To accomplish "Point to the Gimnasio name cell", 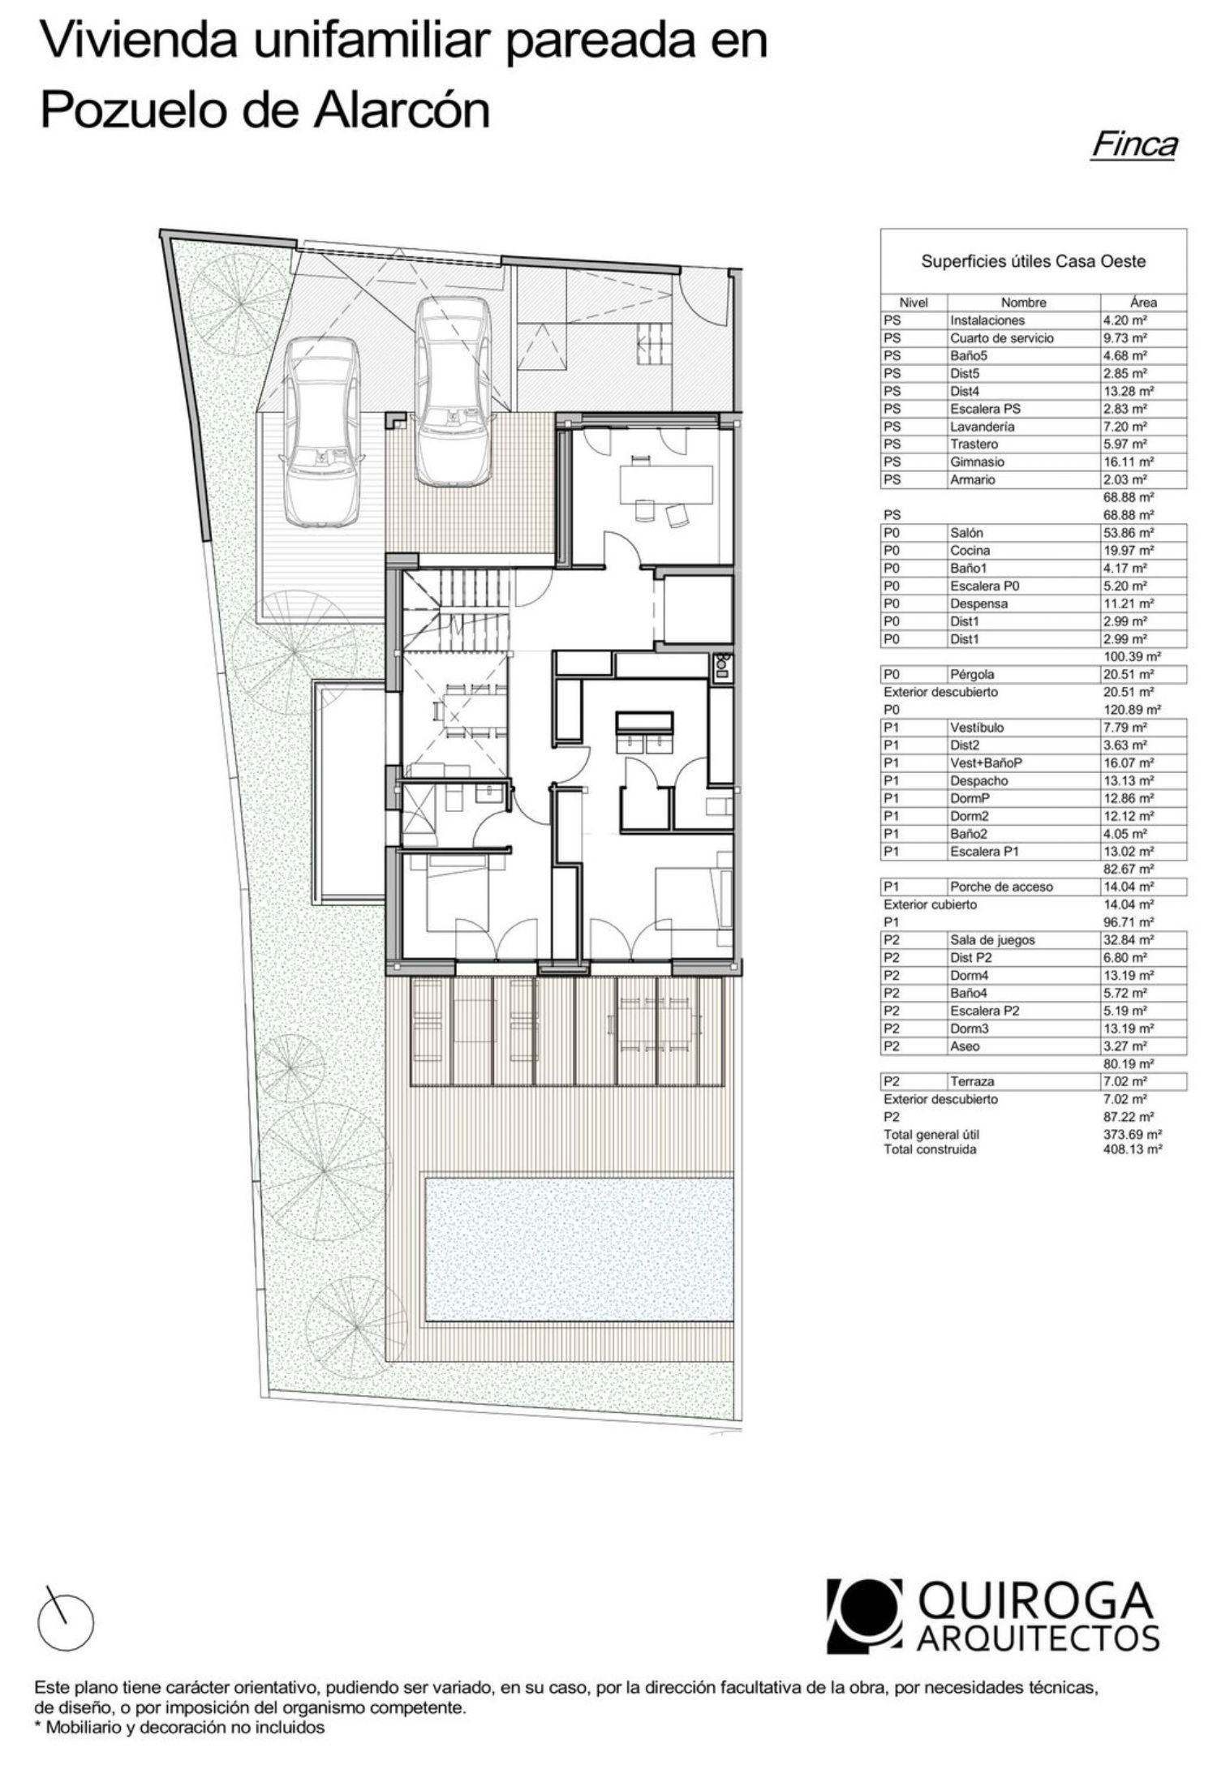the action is [977, 462].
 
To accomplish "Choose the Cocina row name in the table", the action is [970, 551].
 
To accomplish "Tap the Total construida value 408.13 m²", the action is [1127, 1149].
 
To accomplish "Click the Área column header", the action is [1143, 302].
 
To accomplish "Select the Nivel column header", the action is [914, 302].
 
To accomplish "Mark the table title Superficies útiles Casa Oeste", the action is [1033, 261].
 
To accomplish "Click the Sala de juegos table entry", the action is [992, 940].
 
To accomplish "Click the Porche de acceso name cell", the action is [1001, 887].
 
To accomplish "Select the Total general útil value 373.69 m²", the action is [1127, 1135].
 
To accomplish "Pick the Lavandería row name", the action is [982, 426].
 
